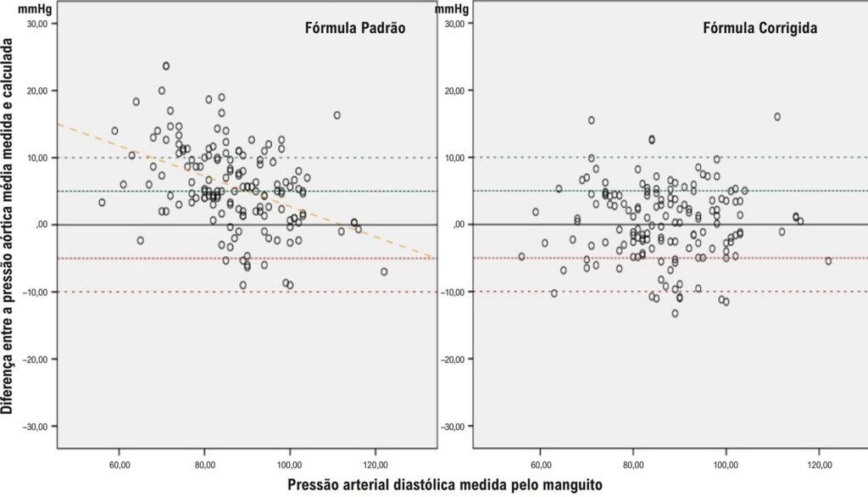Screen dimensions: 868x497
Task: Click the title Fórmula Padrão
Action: (x=355, y=28)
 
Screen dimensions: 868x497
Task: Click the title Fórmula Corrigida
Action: (x=760, y=28)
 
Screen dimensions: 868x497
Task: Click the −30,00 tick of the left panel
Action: (x=40, y=426)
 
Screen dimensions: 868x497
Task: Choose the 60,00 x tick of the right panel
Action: (x=540, y=464)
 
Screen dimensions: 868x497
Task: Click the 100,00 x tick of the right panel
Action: (x=726, y=464)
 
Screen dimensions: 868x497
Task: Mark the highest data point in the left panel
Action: (x=166, y=66)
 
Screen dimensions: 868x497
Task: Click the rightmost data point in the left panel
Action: (x=384, y=271)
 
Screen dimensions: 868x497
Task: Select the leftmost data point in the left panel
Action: (x=102, y=202)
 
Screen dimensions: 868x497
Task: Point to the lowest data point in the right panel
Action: (x=675, y=313)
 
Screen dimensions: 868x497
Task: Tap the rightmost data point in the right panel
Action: (x=828, y=260)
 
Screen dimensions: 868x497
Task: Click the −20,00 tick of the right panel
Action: (x=455, y=359)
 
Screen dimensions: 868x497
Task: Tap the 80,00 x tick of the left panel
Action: (x=205, y=464)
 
